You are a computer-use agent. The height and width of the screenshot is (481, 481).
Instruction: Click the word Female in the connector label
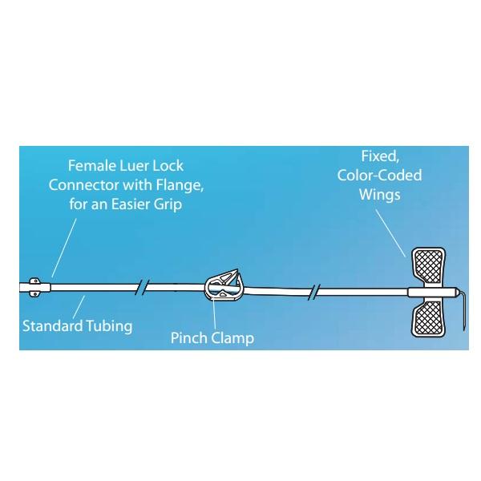point(92,166)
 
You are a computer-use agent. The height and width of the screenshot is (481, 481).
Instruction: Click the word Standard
point(53,325)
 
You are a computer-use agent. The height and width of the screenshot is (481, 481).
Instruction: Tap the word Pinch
point(189,338)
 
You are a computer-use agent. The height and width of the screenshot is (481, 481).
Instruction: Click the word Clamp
point(232,338)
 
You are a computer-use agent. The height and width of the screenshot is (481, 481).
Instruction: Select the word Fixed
point(380,156)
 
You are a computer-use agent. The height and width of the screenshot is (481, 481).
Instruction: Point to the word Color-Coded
point(379,175)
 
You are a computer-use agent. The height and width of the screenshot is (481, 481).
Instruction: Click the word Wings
point(380,195)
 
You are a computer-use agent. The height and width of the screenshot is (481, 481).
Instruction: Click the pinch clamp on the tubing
point(223,286)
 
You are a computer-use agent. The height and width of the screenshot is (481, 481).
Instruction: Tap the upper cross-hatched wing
point(428,265)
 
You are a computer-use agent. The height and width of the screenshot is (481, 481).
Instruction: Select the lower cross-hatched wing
point(428,317)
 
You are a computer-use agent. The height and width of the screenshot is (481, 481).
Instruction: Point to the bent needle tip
point(464,329)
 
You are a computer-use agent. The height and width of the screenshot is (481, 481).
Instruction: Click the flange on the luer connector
point(35,287)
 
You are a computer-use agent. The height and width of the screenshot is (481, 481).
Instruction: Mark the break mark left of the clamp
point(142,287)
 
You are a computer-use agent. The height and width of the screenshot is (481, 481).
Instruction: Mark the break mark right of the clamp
point(314,293)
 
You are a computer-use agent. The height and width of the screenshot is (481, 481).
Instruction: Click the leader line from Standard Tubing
point(79,307)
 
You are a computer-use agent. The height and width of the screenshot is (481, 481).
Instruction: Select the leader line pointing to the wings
point(390,233)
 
